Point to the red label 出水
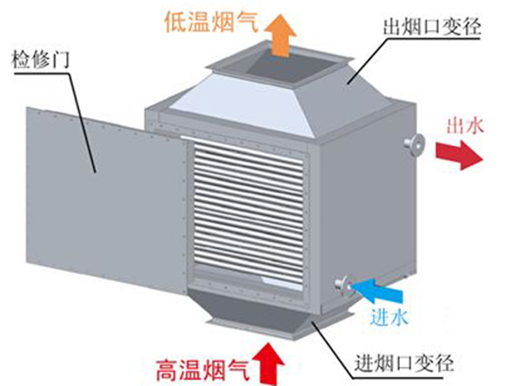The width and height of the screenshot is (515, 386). tap(464, 126)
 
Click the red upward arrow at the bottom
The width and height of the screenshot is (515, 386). tap(272, 360)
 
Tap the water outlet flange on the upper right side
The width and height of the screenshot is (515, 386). tap(415, 145)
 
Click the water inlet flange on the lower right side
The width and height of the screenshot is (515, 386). tap(343, 284)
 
